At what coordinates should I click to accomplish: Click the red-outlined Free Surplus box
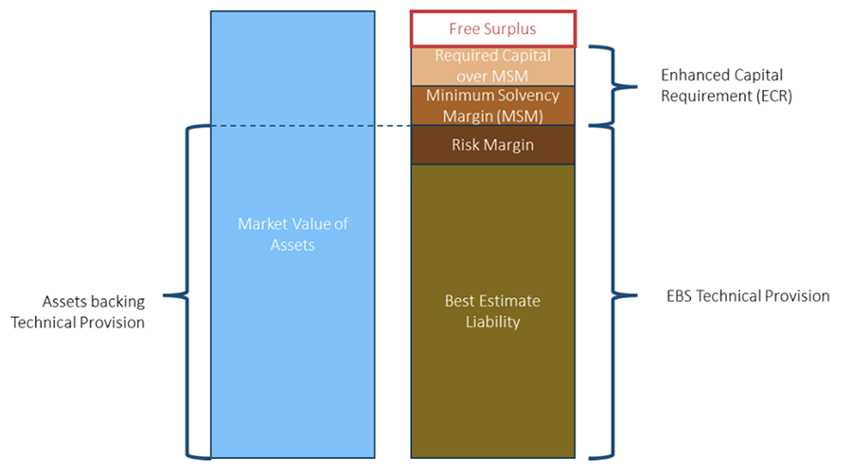click(492, 28)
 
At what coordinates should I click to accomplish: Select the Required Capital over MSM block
click(492, 65)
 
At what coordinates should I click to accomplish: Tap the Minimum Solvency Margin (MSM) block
click(492, 106)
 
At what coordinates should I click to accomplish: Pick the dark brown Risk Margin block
click(492, 146)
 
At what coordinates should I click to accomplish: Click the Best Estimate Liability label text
click(492, 311)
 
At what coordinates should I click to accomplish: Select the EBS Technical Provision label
click(748, 296)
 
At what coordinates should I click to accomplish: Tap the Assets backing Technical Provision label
click(93, 311)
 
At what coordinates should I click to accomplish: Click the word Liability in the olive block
click(492, 322)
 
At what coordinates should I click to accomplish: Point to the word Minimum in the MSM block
click(457, 96)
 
